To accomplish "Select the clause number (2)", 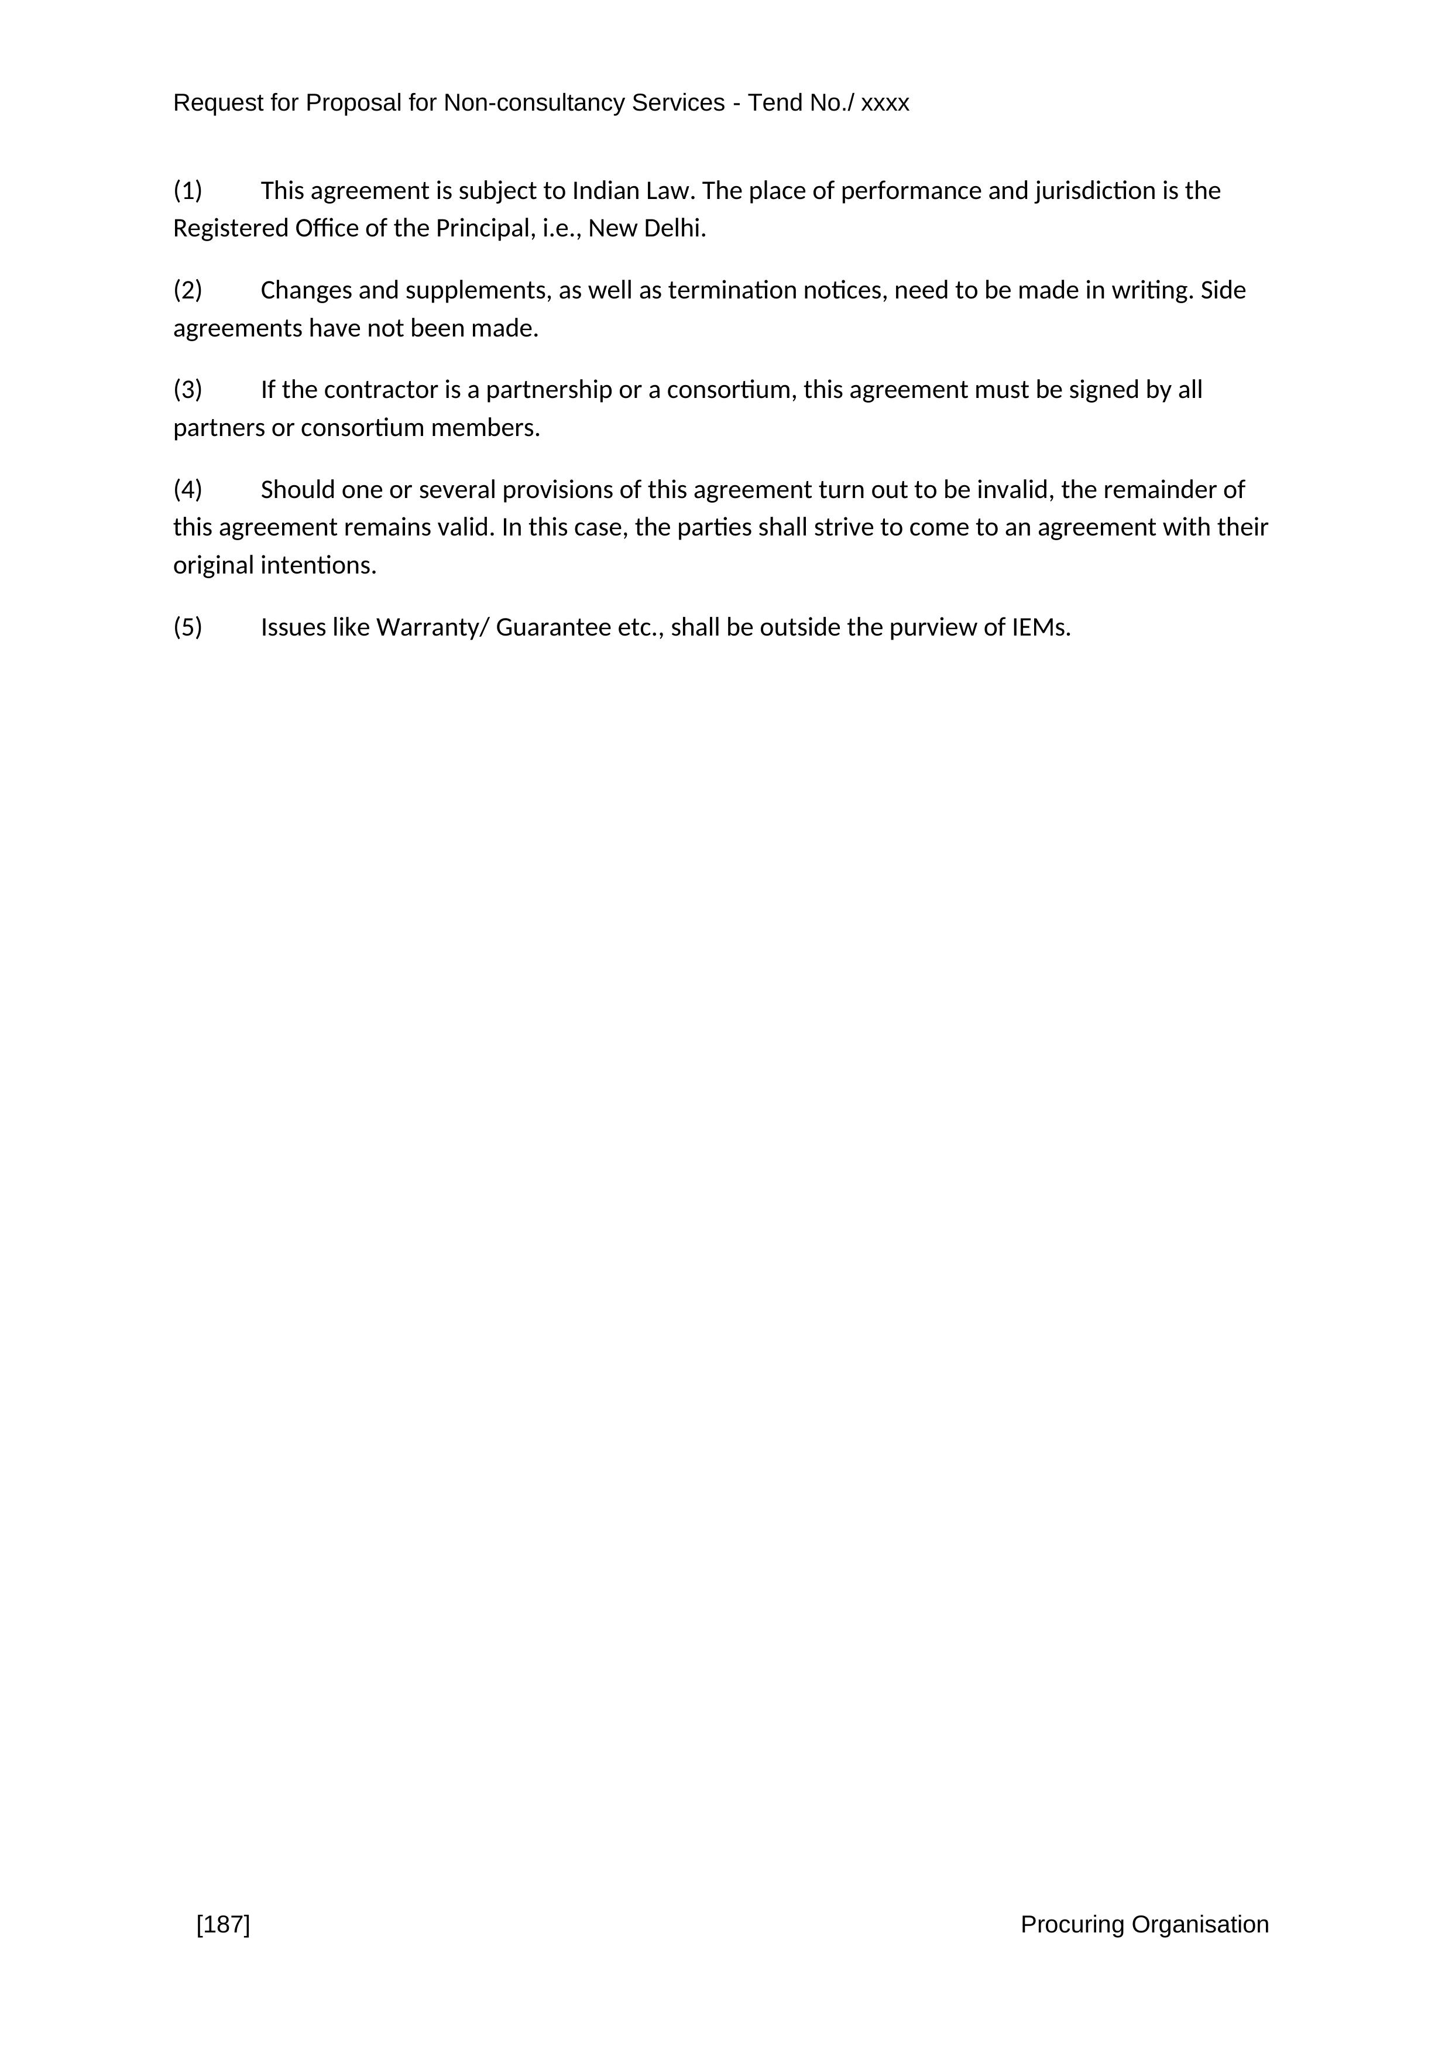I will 188,291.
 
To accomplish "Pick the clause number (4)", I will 188,490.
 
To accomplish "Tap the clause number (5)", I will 188,628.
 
